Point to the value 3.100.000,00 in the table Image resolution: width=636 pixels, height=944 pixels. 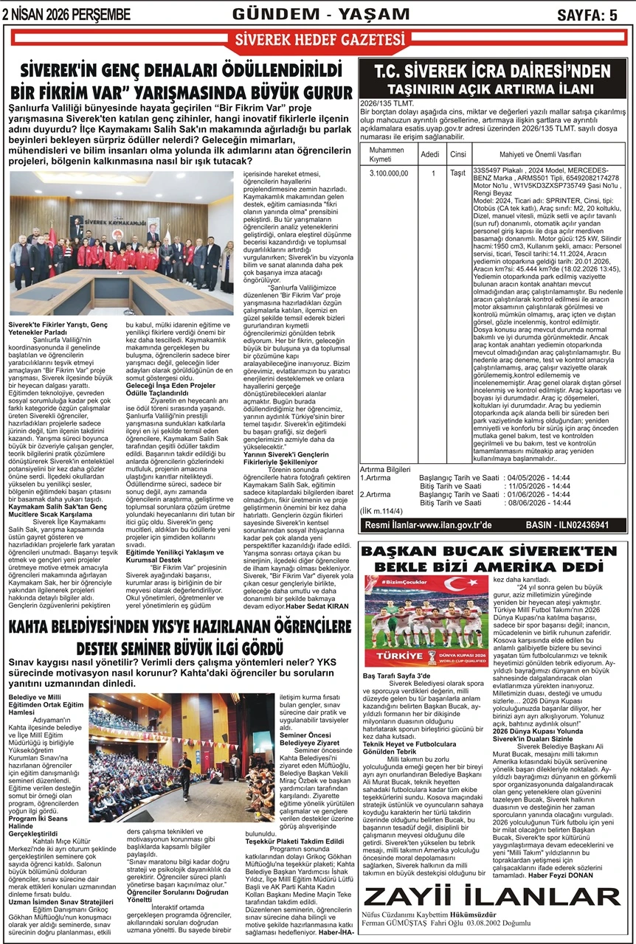388,173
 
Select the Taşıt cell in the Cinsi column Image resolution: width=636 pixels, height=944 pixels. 457,173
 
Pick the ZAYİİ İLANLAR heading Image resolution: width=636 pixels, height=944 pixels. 493,895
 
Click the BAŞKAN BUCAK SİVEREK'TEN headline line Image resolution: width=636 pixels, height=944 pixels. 493,551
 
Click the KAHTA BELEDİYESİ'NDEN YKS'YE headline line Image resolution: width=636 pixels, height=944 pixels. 180,627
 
